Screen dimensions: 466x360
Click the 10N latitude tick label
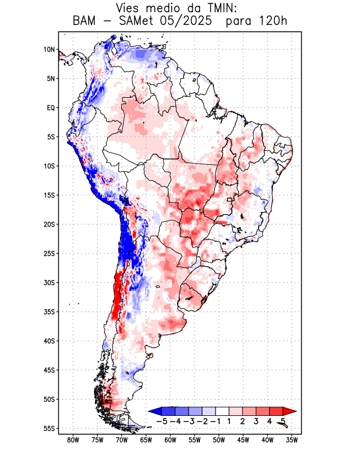49,50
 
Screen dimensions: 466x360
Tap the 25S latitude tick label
49,253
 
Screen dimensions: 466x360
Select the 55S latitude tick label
49,429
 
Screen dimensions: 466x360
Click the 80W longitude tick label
73,440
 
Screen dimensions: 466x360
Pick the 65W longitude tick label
146,440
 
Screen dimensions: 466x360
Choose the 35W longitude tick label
292,440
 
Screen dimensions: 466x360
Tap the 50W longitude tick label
218,440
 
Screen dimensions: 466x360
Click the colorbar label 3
256,421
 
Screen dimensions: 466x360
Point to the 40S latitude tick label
49,341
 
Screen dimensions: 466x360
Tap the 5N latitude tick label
51,79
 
